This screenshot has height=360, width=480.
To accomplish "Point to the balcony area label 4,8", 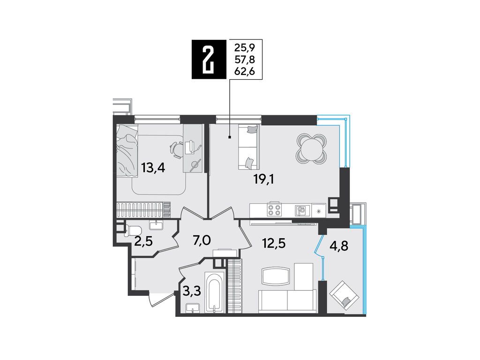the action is [339, 246].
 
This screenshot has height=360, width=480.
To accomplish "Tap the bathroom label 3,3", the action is [192, 291].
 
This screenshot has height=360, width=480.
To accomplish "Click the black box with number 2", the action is [209, 60].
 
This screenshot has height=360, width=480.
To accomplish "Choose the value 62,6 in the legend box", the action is [245, 72].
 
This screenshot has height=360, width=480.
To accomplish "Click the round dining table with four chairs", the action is [311, 149].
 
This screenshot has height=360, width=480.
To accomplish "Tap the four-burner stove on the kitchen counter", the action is [274, 210].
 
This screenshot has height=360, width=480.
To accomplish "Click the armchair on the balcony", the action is [344, 295].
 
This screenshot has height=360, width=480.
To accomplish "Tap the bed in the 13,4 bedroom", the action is [127, 150].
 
